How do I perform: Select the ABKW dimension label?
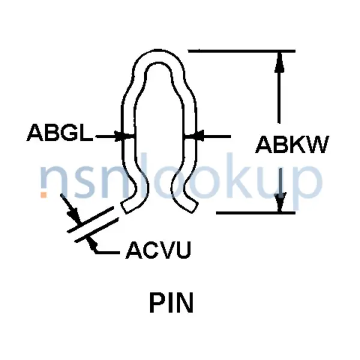(x=292, y=145)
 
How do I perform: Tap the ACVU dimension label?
(x=158, y=249)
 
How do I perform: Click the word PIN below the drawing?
(x=171, y=304)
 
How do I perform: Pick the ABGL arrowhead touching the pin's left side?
(x=126, y=137)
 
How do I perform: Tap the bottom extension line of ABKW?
(x=252, y=212)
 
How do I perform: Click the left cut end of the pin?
(x=127, y=208)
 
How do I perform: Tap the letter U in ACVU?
(x=183, y=249)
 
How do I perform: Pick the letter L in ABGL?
(x=86, y=134)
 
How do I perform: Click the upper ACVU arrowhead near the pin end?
(x=73, y=216)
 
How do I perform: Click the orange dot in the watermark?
(x=43, y=194)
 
